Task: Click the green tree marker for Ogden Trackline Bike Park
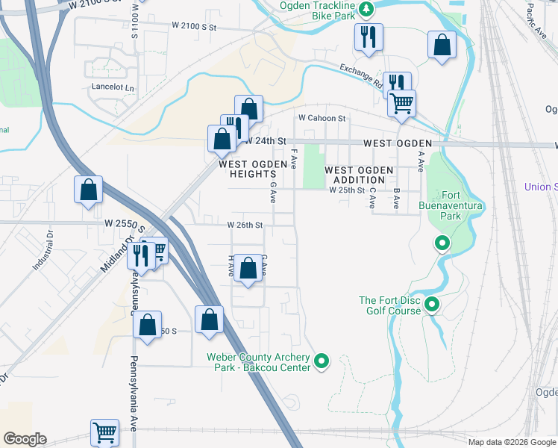(366, 9)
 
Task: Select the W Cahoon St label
(322, 118)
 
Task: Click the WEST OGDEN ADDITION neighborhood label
(359, 175)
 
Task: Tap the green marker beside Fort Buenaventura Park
(442, 243)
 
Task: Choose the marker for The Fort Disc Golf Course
(432, 305)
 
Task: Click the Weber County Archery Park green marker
(322, 362)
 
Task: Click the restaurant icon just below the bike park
(368, 37)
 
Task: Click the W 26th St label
(245, 225)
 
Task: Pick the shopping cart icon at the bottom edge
(104, 432)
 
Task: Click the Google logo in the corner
(25, 439)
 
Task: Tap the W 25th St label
(347, 190)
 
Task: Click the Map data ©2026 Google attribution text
(511, 442)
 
